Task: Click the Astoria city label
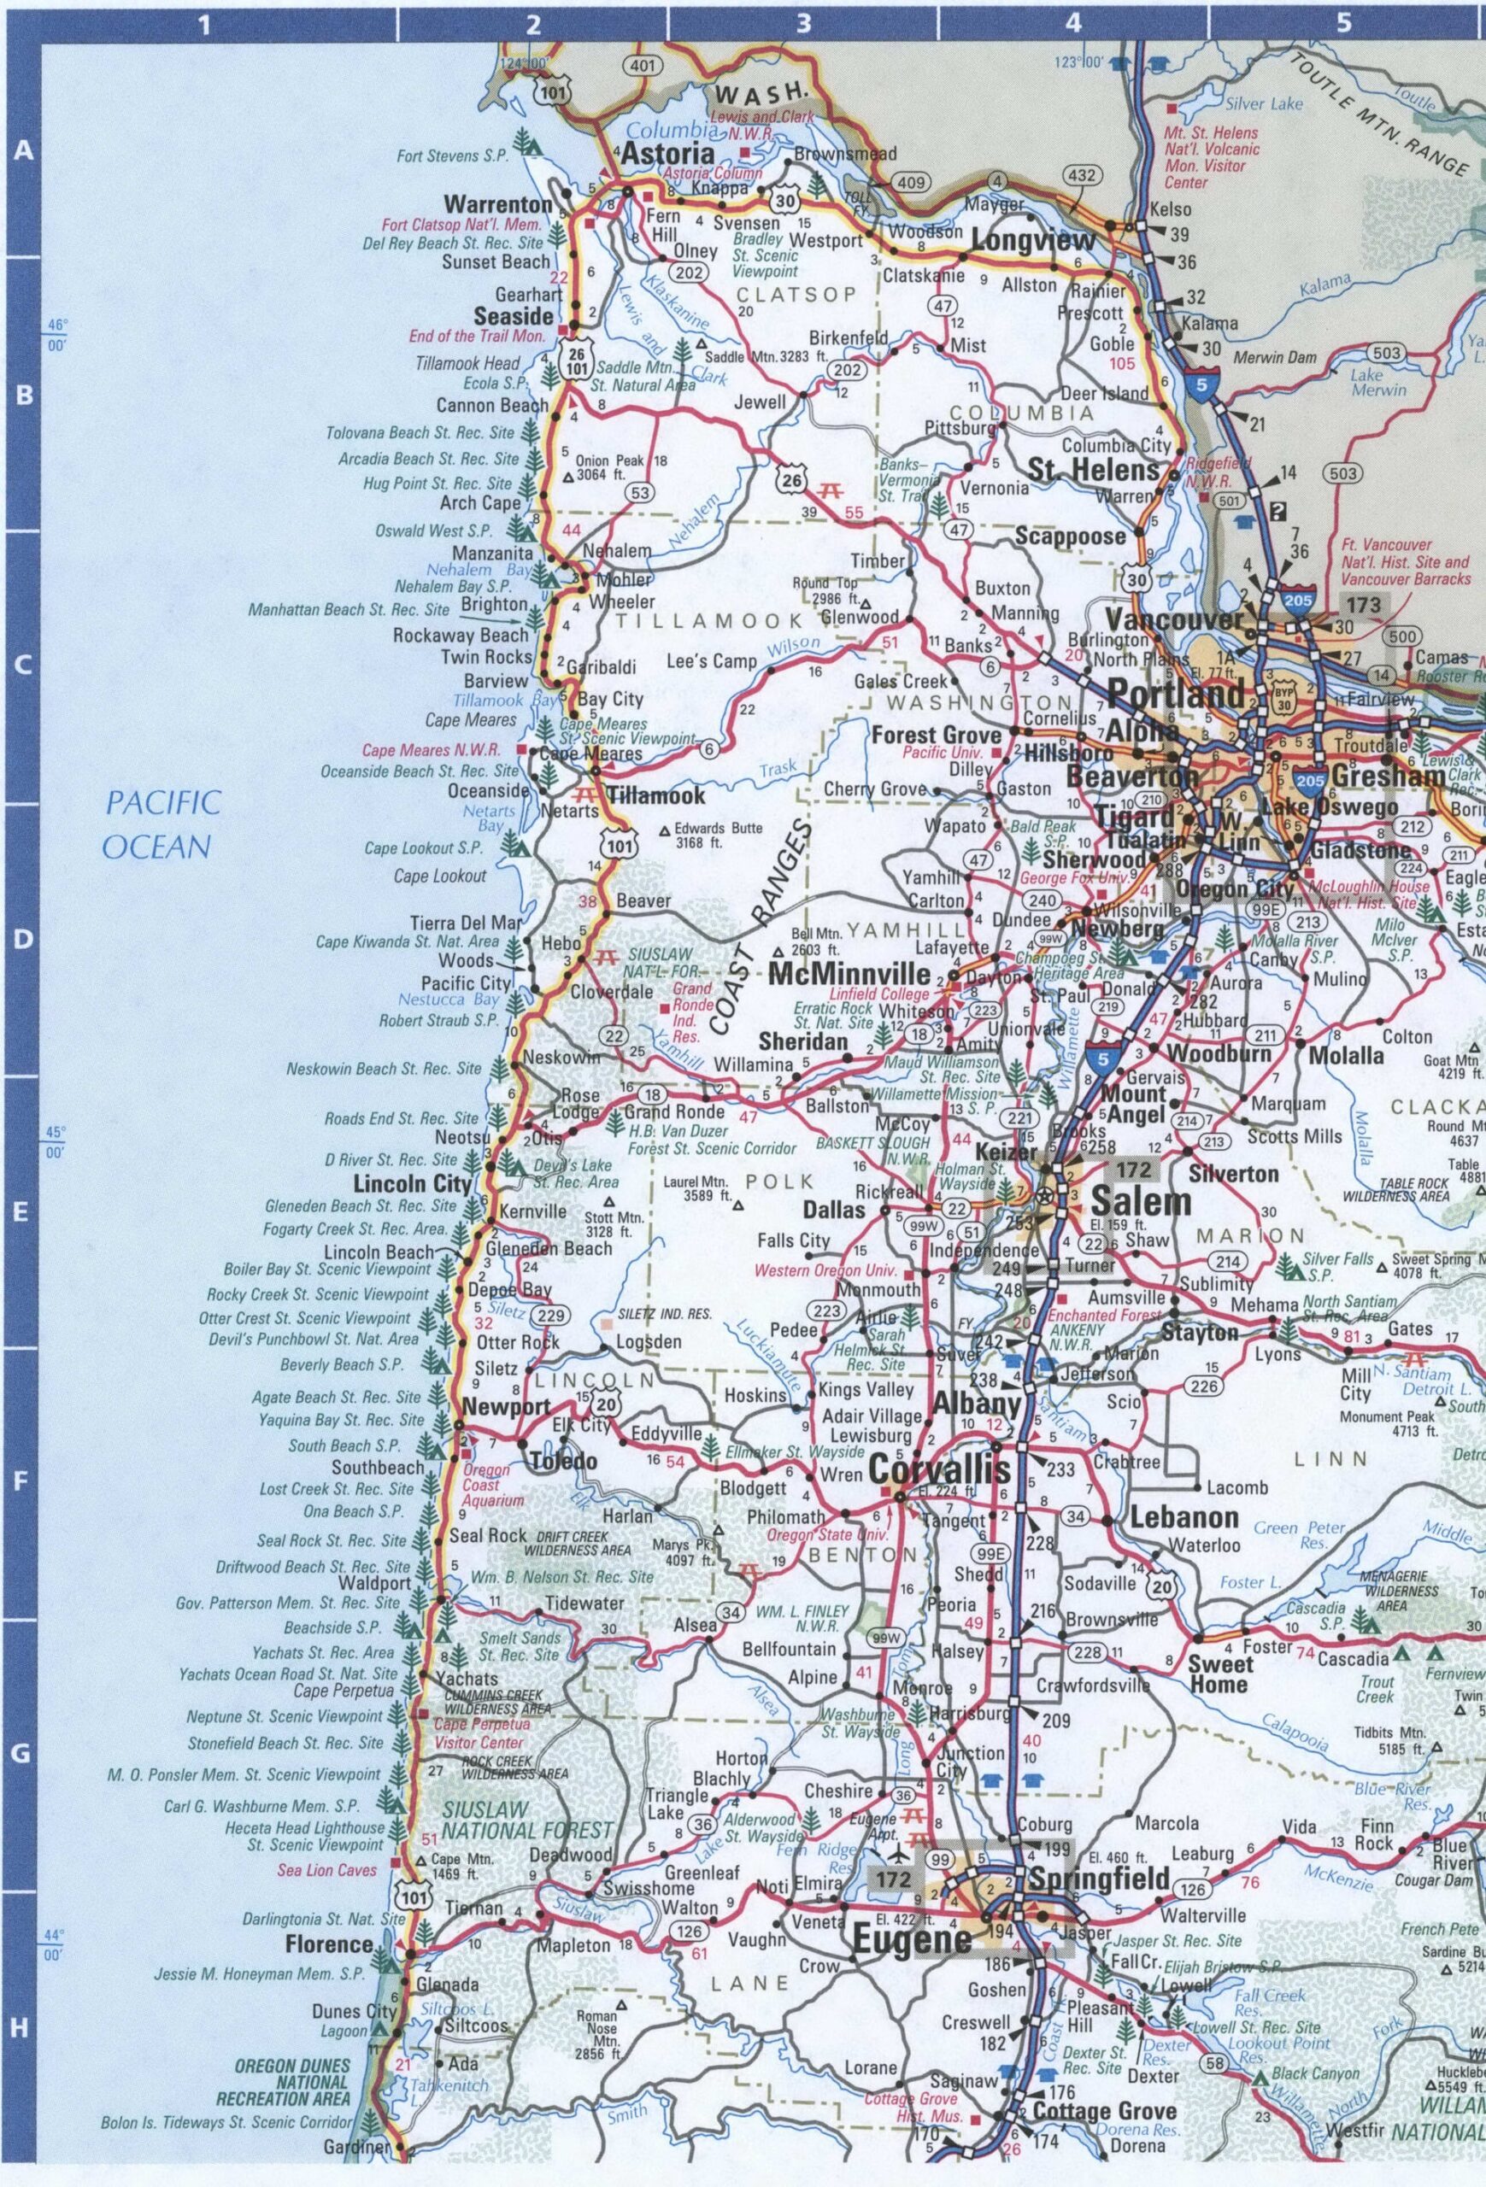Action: click(x=669, y=154)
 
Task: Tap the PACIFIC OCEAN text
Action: click(x=162, y=825)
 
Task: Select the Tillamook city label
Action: click(x=655, y=795)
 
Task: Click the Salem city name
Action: click(x=1141, y=1202)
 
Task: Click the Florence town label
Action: click(x=329, y=1944)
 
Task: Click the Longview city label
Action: click(x=1033, y=241)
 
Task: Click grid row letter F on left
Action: click(x=21, y=1484)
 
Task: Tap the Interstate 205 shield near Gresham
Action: click(x=1310, y=779)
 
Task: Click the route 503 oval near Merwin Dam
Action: click(x=1386, y=353)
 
